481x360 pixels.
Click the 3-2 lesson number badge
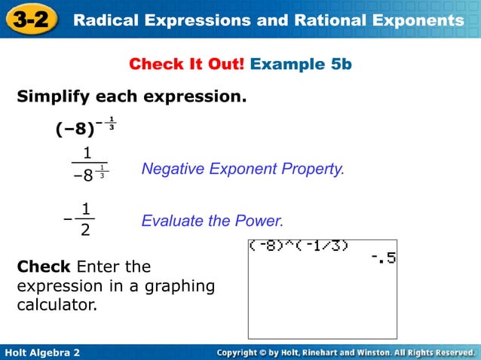[31, 20]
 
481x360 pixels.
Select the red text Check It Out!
[186, 64]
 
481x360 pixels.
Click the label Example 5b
[301, 64]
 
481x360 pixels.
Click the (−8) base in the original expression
[75, 130]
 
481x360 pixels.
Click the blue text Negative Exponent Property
[243, 169]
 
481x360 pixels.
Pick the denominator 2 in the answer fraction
[85, 230]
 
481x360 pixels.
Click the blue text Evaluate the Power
[213, 221]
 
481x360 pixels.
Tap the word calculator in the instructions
[57, 306]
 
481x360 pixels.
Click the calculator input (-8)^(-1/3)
[299, 246]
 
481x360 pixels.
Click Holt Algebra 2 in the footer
[42, 352]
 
